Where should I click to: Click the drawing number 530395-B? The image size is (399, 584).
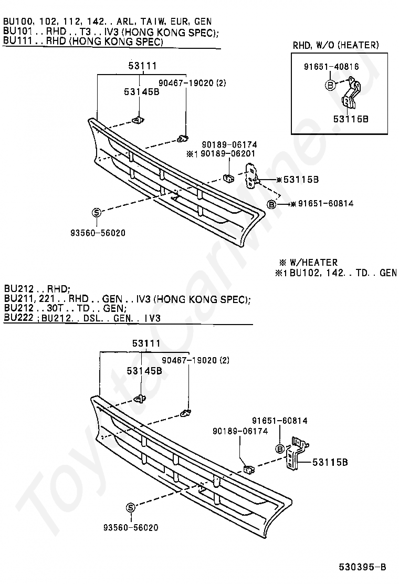[x=362, y=567]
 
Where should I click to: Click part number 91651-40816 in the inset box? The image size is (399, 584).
[x=331, y=66]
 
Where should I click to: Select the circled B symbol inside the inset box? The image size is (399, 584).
[x=330, y=85]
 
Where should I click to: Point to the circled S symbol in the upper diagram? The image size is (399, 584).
[x=96, y=212]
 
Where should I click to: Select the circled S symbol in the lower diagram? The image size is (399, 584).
[x=130, y=507]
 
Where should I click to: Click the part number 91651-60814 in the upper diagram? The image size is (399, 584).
[x=325, y=203]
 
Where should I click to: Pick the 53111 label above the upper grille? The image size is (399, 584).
[x=142, y=66]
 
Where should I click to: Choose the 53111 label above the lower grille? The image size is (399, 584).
[x=146, y=343]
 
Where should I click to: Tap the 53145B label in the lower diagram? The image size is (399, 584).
[x=144, y=371]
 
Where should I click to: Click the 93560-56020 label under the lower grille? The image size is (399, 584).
[x=131, y=527]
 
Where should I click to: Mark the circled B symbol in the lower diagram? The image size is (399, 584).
[x=280, y=449]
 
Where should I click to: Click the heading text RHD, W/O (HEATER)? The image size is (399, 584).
[x=335, y=45]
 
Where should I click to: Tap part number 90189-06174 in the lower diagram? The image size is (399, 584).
[x=240, y=431]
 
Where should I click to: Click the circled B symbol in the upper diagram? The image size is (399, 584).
[x=271, y=204]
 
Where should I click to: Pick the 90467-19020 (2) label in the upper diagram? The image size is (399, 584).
[x=192, y=82]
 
